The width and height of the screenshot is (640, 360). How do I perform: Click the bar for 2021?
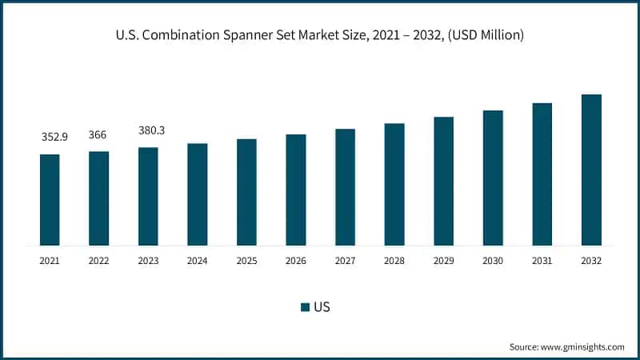pos(50,200)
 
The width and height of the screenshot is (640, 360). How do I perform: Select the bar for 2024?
pos(198,194)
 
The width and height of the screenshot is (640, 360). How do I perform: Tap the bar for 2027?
pos(345,187)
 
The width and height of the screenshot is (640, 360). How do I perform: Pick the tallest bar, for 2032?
pos(591,170)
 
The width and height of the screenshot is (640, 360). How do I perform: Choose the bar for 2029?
pos(444,181)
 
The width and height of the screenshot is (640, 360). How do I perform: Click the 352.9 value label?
pos(54,137)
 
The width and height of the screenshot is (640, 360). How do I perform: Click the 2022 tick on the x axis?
pos(98,261)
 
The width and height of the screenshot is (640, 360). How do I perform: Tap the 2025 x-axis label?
pos(246,261)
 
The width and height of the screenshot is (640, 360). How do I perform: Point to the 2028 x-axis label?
pos(394,261)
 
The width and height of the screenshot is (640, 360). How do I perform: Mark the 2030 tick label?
pos(493,261)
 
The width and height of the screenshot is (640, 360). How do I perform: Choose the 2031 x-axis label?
pos(542,261)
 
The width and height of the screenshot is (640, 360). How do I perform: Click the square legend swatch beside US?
pos(305,307)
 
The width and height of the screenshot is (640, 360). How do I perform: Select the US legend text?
pos(322,307)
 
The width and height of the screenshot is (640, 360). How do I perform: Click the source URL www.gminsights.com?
pos(583,346)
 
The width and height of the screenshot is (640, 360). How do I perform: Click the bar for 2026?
pos(296,190)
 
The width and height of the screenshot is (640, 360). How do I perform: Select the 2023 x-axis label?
pos(148,261)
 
